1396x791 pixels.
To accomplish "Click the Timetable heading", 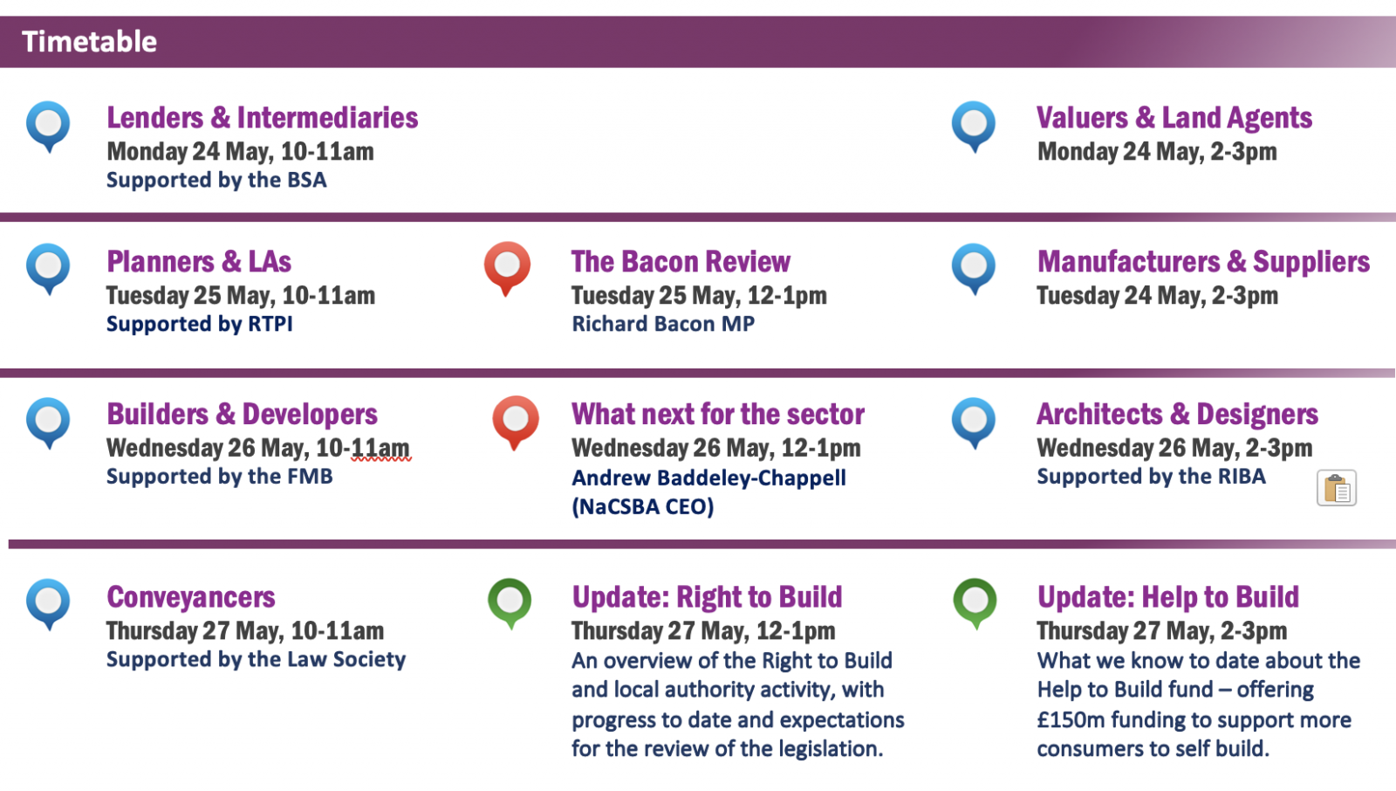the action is point(89,42).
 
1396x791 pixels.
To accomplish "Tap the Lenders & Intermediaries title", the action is point(263,118).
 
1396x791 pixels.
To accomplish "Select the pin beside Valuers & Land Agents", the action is point(974,126).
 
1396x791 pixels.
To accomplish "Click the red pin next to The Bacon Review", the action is point(507,268).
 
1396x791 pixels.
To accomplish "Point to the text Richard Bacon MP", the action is point(663,324).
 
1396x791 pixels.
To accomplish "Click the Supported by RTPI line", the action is point(200,324).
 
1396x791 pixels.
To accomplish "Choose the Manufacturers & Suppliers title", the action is point(1203,261).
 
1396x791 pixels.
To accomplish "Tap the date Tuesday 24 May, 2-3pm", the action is point(1157,295).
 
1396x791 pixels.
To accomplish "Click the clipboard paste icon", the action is point(1336,488).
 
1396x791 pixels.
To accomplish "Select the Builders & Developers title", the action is point(242,414).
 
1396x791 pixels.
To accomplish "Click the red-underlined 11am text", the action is point(380,448).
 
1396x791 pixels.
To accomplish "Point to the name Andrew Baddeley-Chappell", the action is point(709,478).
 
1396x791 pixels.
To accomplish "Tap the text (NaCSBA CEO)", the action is point(642,506).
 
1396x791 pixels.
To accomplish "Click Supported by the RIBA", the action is point(1151,477).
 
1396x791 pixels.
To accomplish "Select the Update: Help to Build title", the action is point(1168,597).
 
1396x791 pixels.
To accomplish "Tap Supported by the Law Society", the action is point(257,659).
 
